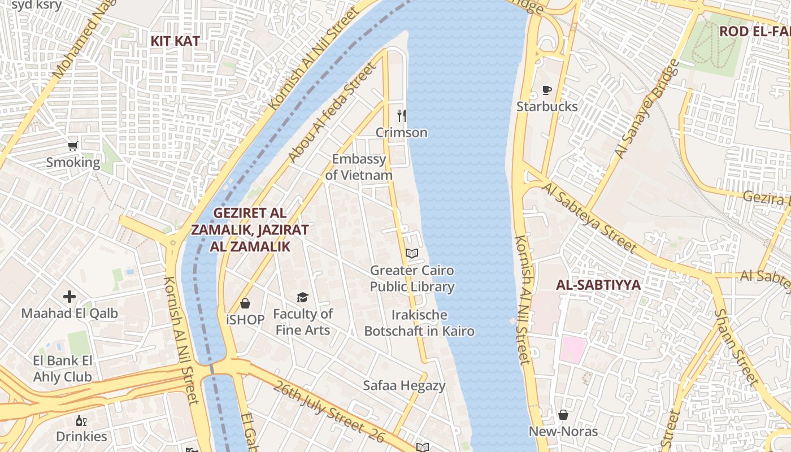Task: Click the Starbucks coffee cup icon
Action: pyautogui.click(x=546, y=90)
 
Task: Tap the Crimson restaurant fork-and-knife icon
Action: pyautogui.click(x=402, y=116)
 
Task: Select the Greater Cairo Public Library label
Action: pyautogui.click(x=412, y=279)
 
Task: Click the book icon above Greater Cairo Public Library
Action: pyautogui.click(x=412, y=254)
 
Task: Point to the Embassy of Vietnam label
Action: pyautogui.click(x=359, y=167)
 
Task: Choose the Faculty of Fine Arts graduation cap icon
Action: pyautogui.click(x=303, y=297)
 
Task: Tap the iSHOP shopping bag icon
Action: pyautogui.click(x=245, y=303)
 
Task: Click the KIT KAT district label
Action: pyautogui.click(x=175, y=41)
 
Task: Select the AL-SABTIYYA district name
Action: pyautogui.click(x=598, y=285)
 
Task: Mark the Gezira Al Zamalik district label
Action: pyautogui.click(x=250, y=229)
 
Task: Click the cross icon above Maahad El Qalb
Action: pyautogui.click(x=69, y=296)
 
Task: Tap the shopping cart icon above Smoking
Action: pyautogui.click(x=73, y=146)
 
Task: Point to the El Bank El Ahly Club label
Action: pyautogui.click(x=62, y=368)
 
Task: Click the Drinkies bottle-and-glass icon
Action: pyautogui.click(x=81, y=420)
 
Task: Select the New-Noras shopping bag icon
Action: pyautogui.click(x=563, y=415)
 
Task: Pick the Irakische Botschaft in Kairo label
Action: pyautogui.click(x=419, y=323)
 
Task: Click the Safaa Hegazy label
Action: pyautogui.click(x=404, y=386)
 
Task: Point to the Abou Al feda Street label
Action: pyautogui.click(x=332, y=113)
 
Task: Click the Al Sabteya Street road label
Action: pyautogui.click(x=590, y=217)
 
